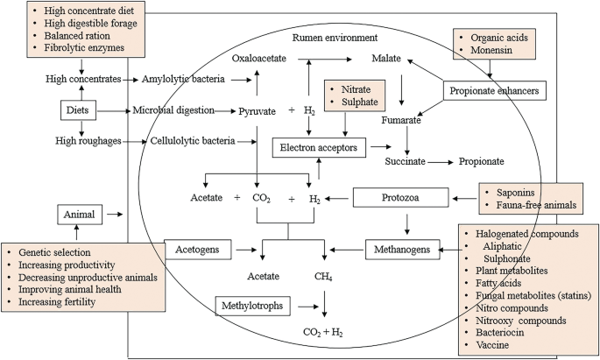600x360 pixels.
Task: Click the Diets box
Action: tap(75, 110)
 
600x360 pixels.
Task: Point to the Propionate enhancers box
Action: tap(497, 90)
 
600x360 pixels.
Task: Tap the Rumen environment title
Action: tap(336, 38)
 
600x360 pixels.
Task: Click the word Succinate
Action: tap(406, 162)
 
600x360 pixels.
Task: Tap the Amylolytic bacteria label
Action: tap(184, 80)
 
